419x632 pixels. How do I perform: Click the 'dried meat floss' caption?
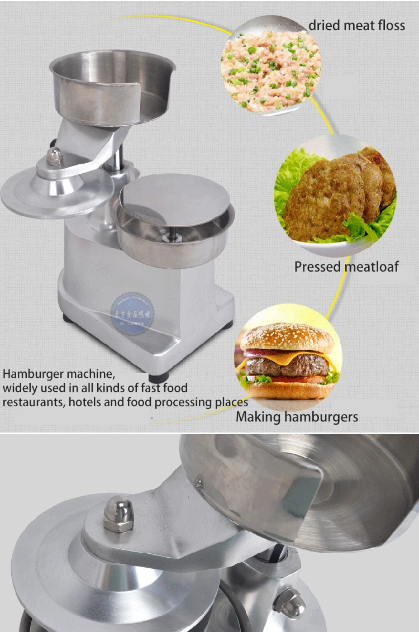[x=356, y=26]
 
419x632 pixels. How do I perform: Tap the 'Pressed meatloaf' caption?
[x=346, y=267]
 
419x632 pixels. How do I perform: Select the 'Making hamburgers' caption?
[x=297, y=416]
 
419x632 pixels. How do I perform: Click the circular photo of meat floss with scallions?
[x=272, y=65]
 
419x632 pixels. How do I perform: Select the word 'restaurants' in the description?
[x=33, y=402]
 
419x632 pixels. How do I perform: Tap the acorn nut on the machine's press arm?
[x=54, y=156]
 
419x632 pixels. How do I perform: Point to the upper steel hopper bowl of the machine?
[x=112, y=84]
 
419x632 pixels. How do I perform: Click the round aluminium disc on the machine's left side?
[x=50, y=193]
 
